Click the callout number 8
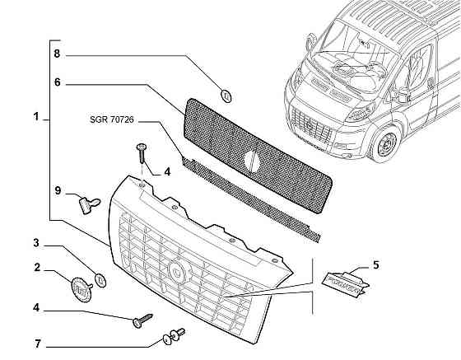tap(57, 54)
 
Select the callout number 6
tap(57, 82)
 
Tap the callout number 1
tap(36, 117)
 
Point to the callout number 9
tap(58, 190)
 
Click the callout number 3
tap(36, 243)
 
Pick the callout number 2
tap(37, 268)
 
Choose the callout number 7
tap(37, 344)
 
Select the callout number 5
tap(375, 264)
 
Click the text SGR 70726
tap(112, 119)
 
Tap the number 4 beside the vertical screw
tap(167, 172)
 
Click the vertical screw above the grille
tap(142, 153)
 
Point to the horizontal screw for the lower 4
tap(143, 320)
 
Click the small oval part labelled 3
tap(100, 280)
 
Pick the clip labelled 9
tap(89, 204)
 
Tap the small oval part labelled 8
tap(226, 96)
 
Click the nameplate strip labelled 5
tap(346, 283)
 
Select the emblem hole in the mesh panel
tap(252, 161)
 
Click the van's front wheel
tap(385, 144)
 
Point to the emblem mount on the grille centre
tap(179, 272)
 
